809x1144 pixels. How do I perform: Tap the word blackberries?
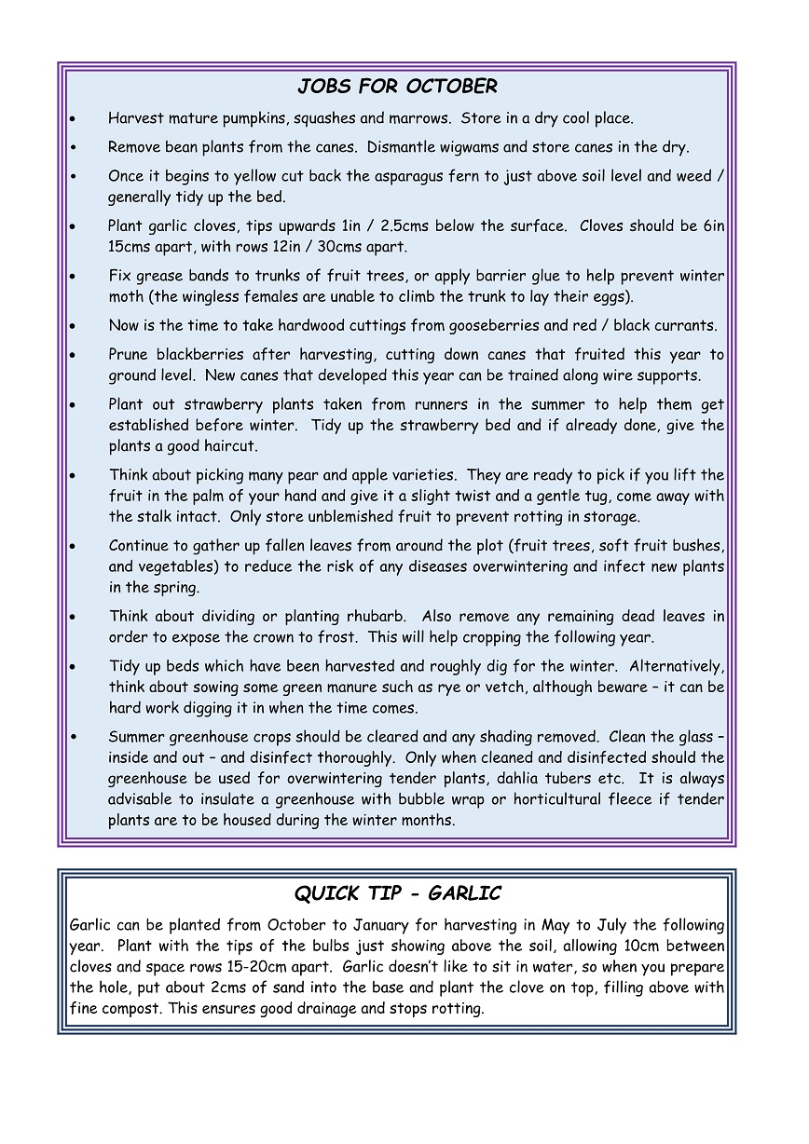coord(199,355)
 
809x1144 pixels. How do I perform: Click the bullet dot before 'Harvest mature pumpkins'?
coord(74,119)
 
